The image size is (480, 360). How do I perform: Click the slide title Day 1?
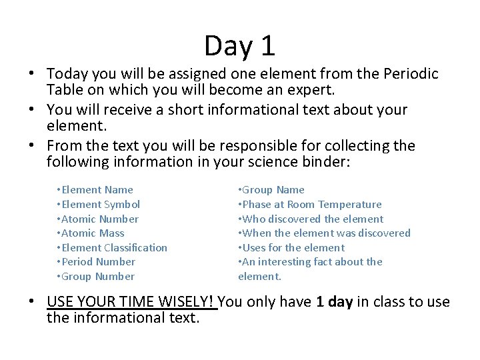click(x=239, y=46)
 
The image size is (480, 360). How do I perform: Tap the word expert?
click(x=321, y=89)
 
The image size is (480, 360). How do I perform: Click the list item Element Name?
click(x=97, y=190)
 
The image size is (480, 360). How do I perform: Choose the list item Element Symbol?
click(x=101, y=205)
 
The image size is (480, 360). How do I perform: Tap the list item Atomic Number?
click(x=100, y=219)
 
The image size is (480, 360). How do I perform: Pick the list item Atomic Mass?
click(x=93, y=233)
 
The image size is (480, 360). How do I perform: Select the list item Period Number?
click(x=98, y=262)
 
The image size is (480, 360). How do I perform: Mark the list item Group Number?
click(x=98, y=277)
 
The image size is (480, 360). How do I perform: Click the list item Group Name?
click(x=273, y=190)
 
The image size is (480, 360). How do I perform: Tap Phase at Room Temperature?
click(x=311, y=205)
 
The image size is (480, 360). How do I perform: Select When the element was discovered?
click(x=326, y=233)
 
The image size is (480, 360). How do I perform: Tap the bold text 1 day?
click(x=334, y=302)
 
